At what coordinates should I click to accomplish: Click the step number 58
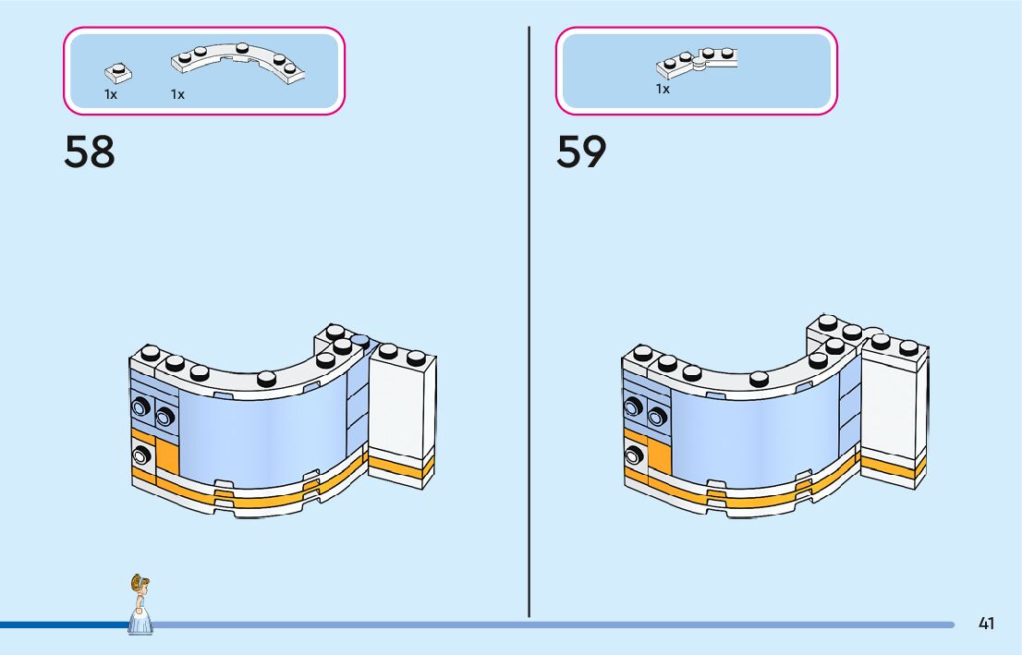click(90, 152)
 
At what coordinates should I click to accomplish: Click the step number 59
click(581, 152)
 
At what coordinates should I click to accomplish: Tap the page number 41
click(986, 624)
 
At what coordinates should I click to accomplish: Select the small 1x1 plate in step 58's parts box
click(116, 70)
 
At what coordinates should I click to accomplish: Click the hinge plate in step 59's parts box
click(698, 61)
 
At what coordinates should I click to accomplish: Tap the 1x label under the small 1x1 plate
click(111, 94)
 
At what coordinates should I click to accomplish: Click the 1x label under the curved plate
click(177, 94)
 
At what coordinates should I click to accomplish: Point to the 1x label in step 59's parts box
click(663, 90)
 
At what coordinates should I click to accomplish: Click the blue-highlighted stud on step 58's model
click(360, 341)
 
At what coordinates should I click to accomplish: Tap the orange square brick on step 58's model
click(167, 458)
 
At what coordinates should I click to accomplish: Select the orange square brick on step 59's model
click(660, 458)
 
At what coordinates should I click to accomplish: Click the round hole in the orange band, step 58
click(141, 454)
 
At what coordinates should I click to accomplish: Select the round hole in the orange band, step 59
click(634, 454)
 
